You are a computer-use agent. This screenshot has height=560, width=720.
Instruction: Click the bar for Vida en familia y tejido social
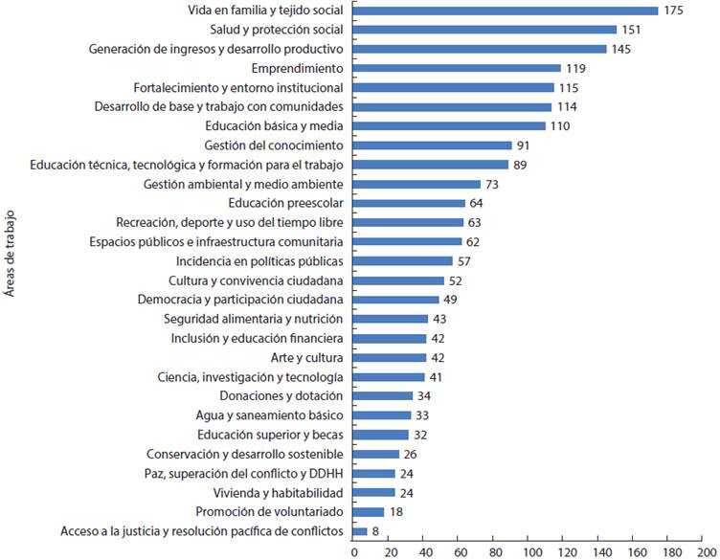pos(506,11)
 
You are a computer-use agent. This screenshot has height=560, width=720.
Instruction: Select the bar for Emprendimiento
pos(457,68)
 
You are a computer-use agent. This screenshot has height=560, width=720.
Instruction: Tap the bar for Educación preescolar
pos(409,203)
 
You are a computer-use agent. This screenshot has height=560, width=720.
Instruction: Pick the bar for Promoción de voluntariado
pos(369,511)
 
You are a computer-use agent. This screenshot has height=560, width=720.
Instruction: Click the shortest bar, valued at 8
pos(360,530)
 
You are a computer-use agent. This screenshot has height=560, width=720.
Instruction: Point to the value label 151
pos(631,30)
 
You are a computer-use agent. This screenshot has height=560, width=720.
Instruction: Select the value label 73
pos(493,184)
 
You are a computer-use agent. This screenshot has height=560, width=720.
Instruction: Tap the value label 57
pos(465,261)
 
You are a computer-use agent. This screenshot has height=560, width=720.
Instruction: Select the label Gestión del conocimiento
pos(274,146)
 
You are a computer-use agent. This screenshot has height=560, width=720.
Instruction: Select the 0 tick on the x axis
pos(353,551)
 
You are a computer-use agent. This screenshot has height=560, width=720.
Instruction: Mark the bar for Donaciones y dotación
pos(383,395)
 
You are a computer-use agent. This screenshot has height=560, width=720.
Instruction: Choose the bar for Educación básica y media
pos(449,126)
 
